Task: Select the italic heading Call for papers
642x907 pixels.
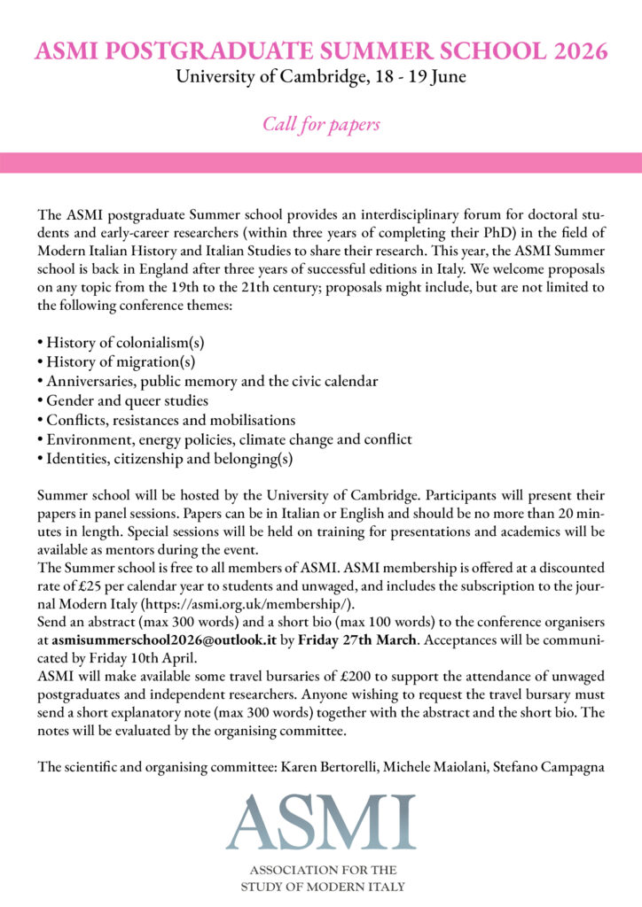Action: coord(321,124)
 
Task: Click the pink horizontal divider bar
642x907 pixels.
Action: coord(321,163)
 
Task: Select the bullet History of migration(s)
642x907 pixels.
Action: coord(116,361)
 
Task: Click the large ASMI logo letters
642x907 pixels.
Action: coord(320,823)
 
